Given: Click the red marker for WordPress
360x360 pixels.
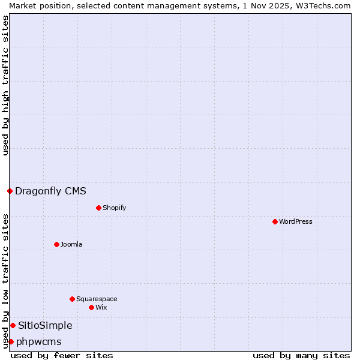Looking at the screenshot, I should [x=275, y=221].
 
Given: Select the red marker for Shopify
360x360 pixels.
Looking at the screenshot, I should [x=98, y=208].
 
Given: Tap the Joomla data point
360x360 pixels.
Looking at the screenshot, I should [x=56, y=244].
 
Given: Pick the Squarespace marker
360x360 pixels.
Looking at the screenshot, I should [x=72, y=299].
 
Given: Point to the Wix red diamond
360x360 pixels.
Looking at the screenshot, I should [x=91, y=307].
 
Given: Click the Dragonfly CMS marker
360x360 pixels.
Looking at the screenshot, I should [x=10, y=191].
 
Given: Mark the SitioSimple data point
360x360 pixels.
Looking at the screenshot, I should [x=13, y=325].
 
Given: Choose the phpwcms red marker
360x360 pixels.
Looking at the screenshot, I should [x=11, y=341].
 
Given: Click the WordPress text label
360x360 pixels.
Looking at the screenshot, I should [x=296, y=221].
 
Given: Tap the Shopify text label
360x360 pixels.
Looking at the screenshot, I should [x=114, y=208].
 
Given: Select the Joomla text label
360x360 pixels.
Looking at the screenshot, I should [x=71, y=244].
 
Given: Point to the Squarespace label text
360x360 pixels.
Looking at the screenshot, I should [x=97, y=299].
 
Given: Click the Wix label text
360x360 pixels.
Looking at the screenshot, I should [x=101, y=307].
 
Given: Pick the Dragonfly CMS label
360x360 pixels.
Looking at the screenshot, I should [x=50, y=191].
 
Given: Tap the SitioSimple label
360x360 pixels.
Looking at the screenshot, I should [x=45, y=326].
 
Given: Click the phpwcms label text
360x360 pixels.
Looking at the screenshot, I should [x=39, y=342].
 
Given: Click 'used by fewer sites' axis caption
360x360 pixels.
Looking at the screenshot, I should [x=62, y=355].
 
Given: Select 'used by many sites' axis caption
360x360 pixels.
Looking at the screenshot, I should [x=301, y=355].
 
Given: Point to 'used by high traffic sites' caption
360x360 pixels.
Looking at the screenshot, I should [x=5, y=85].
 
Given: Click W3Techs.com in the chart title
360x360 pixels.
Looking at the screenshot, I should [x=322, y=5].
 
